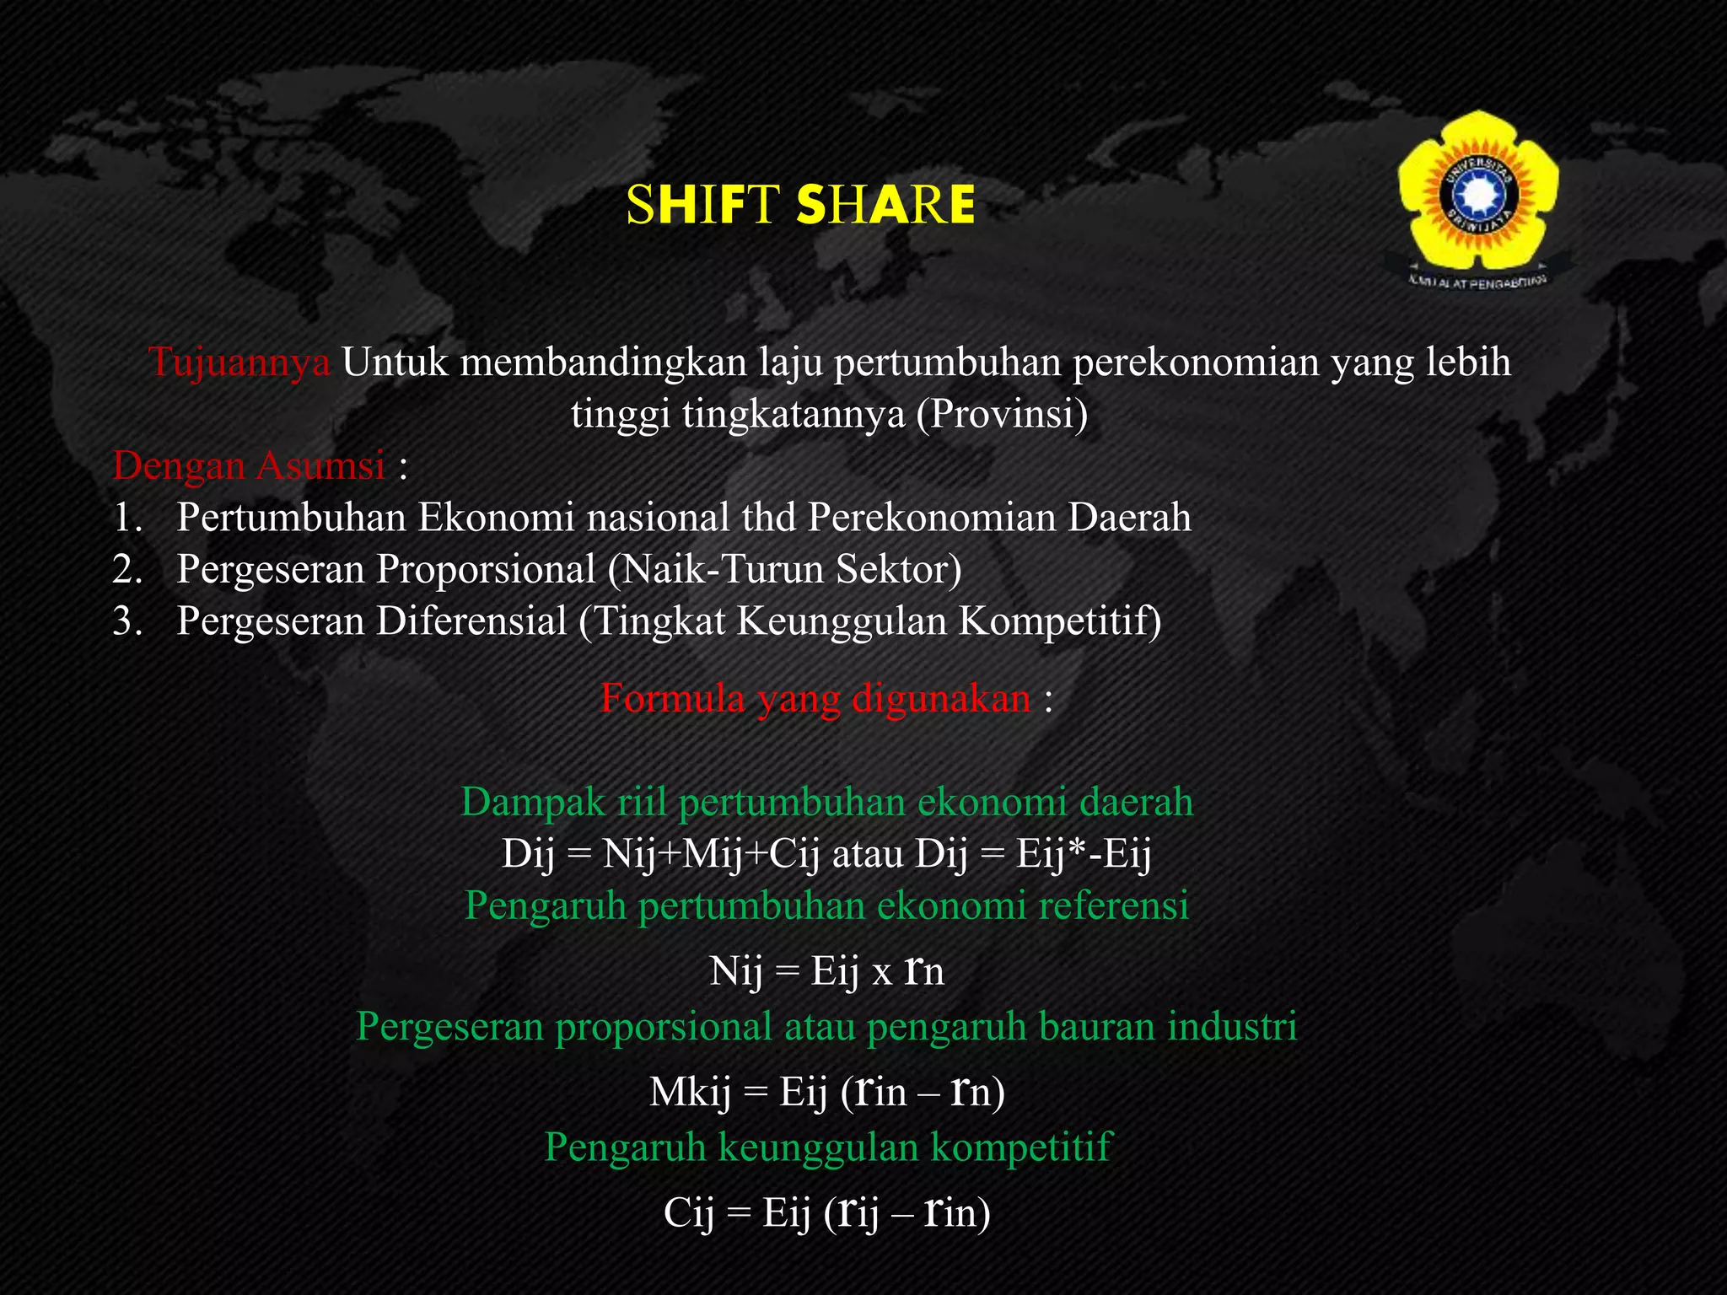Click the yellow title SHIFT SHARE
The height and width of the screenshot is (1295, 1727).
(800, 205)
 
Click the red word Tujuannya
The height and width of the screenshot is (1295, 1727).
(239, 363)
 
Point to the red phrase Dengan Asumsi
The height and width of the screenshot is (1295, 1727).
(249, 465)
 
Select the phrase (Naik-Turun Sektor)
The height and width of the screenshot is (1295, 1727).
(784, 569)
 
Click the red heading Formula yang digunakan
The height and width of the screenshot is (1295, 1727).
(815, 699)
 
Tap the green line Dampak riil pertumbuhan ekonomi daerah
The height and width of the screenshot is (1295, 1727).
(827, 802)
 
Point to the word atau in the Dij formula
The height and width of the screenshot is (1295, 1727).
(868, 854)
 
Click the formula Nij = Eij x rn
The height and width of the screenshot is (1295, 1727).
(826, 971)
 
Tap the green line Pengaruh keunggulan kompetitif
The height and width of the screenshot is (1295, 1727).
(828, 1147)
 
